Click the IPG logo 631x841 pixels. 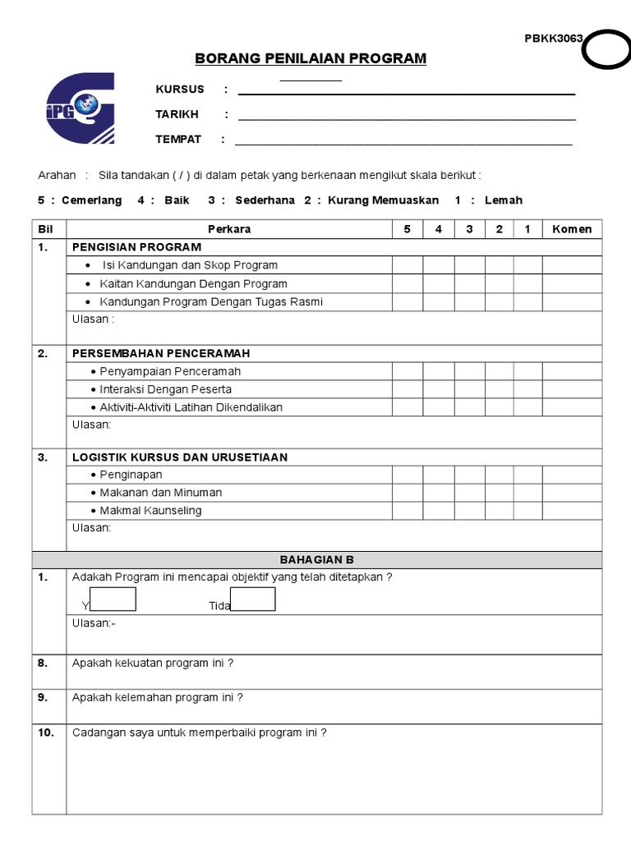pos(81,109)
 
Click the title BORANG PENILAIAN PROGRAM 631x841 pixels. pos(311,58)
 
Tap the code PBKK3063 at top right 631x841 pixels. pos(554,39)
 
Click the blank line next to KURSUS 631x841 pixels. pos(406,90)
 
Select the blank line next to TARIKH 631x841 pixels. pos(406,115)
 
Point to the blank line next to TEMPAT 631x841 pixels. pos(403,140)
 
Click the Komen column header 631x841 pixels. pos(572,229)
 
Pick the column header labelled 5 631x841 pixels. pos(408,229)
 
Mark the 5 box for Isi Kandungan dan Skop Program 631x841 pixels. pos(408,265)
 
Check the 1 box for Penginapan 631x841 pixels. pos(527,475)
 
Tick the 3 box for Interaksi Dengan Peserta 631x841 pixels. pos(469,389)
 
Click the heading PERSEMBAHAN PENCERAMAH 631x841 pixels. pos(161,354)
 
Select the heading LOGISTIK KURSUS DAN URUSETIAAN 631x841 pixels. pos(180,457)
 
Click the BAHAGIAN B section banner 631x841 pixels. pos(316,560)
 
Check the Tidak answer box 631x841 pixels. pos(253,600)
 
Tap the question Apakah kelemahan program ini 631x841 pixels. pos(158,698)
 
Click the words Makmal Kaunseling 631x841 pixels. pos(150,511)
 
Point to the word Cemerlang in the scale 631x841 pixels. pos(91,200)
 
